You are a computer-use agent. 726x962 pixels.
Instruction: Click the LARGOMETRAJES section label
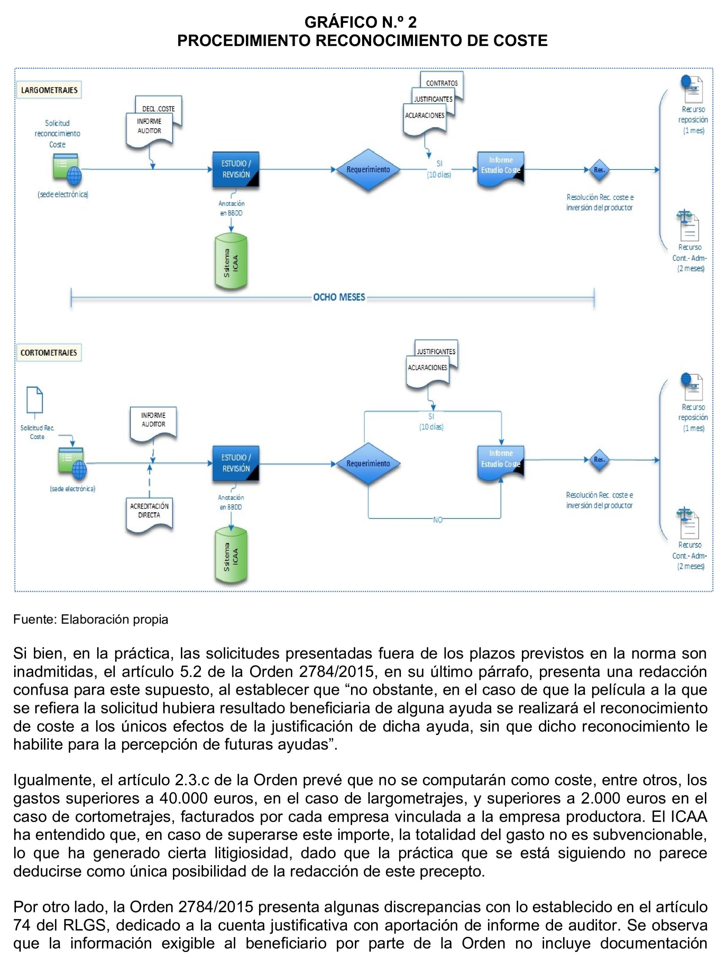(49, 90)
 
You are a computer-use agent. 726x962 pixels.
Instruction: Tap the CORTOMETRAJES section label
(49, 352)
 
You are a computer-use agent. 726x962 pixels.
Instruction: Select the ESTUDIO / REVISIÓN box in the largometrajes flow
(236, 169)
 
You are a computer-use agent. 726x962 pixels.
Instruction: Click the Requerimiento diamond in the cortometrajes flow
(368, 463)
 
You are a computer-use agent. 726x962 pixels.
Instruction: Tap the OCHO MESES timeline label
(339, 297)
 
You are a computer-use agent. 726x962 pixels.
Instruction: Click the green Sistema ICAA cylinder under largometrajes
(231, 261)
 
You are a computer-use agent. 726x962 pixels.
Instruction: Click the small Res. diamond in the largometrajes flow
(599, 169)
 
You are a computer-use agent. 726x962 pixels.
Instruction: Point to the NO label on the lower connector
(437, 520)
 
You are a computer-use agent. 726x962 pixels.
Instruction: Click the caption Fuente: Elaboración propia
(90, 619)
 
